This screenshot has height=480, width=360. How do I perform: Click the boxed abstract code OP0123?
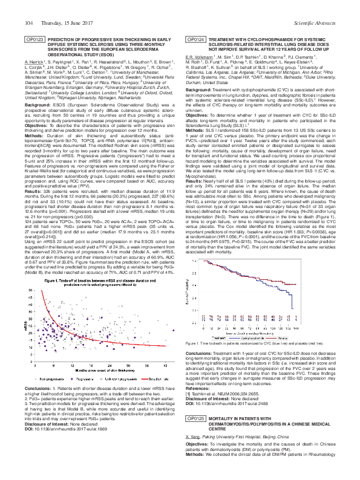click(x=34, y=39)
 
